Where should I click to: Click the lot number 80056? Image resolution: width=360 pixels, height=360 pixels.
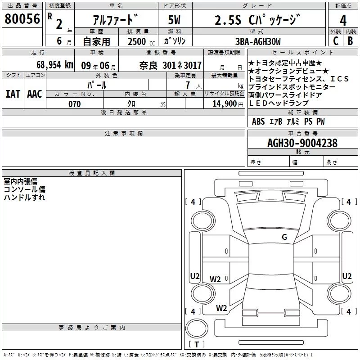point(22,19)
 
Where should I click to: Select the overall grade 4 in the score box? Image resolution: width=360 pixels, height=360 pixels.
point(343,21)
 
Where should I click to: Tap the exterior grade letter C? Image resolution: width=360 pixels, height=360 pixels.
point(336,41)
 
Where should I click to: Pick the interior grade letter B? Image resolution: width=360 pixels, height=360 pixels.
point(350,41)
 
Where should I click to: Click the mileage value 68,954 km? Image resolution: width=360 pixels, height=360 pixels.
point(55,65)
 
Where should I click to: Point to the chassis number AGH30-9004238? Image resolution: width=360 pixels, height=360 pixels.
point(302,143)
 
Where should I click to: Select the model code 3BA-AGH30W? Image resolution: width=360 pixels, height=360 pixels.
point(258,41)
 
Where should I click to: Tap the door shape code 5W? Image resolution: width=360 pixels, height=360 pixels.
point(174,20)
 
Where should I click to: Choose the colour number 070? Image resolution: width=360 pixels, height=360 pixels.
point(75,104)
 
